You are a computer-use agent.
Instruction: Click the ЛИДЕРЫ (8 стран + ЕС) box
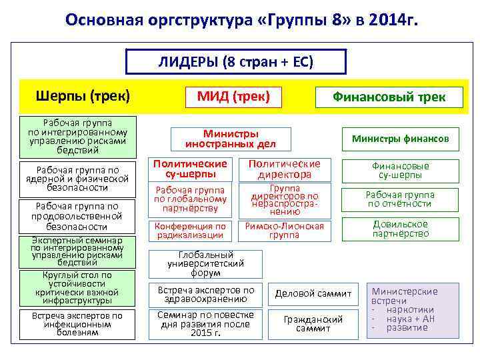click(x=236, y=63)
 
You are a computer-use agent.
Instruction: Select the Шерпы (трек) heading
click(x=83, y=97)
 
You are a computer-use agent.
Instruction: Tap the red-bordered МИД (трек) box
click(x=233, y=97)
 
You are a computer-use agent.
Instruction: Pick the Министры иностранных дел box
click(x=230, y=139)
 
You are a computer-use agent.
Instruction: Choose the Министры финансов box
click(x=401, y=139)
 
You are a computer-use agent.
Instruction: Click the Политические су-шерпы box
click(x=191, y=169)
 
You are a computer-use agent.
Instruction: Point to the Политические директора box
click(x=285, y=169)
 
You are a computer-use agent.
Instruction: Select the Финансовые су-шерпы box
click(x=401, y=171)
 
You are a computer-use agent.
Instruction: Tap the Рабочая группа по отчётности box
click(x=401, y=199)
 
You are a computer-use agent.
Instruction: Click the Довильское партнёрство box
click(x=401, y=229)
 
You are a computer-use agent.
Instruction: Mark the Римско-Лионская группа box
click(x=285, y=231)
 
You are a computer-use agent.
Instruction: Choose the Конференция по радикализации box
click(x=191, y=231)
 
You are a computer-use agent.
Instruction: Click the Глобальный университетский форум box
click(x=205, y=264)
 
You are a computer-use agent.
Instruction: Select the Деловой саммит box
click(x=309, y=294)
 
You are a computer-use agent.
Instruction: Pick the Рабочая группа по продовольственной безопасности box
click(x=79, y=217)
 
